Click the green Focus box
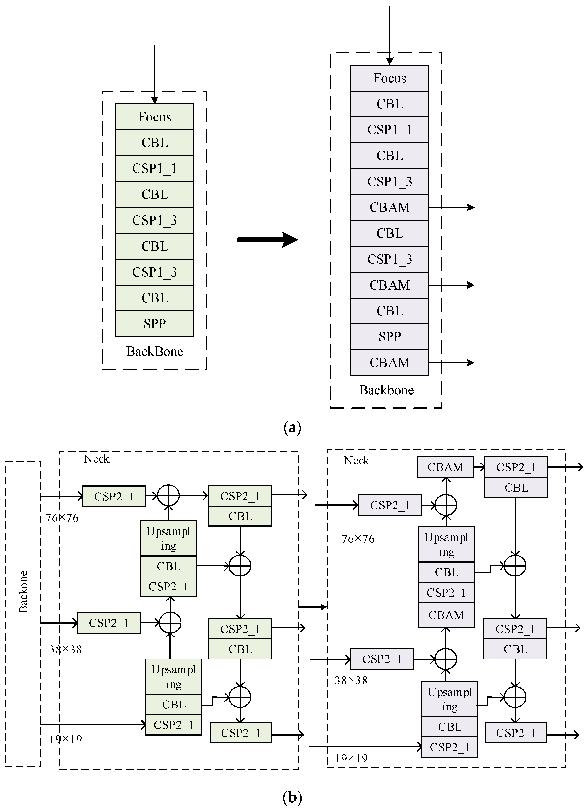tap(154, 117)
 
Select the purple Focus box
tap(389, 78)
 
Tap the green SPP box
tap(154, 324)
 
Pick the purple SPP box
tap(389, 336)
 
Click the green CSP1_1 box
tap(154, 168)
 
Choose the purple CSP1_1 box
tap(389, 130)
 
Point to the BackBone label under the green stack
tap(154, 352)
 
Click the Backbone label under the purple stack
tap(387, 390)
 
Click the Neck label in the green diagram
tap(96, 459)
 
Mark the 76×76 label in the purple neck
tap(358, 539)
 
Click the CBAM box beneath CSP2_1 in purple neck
tap(446, 615)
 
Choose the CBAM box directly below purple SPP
tap(389, 363)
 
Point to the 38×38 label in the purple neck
tap(351, 680)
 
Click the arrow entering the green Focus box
tap(154, 75)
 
